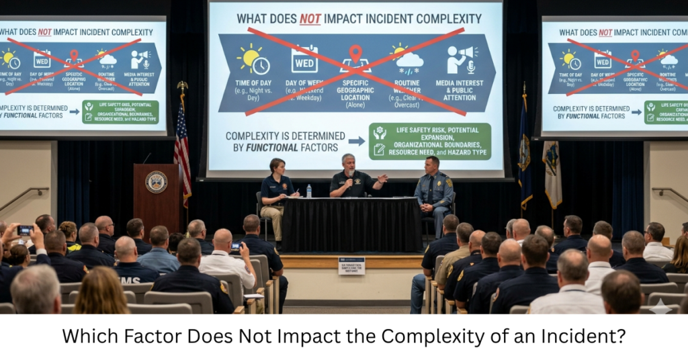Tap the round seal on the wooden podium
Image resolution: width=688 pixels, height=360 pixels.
click(x=156, y=181)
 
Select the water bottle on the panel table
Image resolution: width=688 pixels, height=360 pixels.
click(x=308, y=191)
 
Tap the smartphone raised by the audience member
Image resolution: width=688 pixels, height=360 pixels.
click(x=25, y=230)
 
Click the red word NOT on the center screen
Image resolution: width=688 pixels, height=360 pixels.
click(x=310, y=19)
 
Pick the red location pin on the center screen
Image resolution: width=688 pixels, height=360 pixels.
click(x=355, y=54)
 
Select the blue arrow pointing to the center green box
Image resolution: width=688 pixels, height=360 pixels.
click(x=357, y=141)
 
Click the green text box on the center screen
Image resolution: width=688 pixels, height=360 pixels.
click(x=429, y=141)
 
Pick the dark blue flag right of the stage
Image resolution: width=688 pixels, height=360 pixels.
click(x=525, y=151)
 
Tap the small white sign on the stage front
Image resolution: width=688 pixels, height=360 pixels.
click(x=351, y=265)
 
